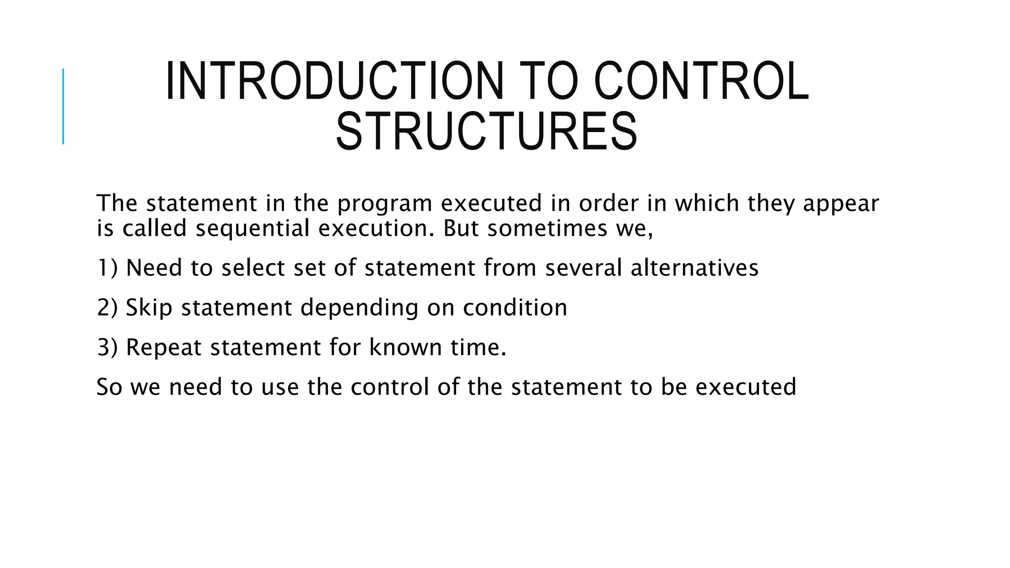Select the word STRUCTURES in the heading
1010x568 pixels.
486,132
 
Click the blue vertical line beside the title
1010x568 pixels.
63,106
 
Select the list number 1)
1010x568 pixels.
107,268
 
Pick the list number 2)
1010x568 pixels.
107,308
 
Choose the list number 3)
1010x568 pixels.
107,347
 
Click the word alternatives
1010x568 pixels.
694,268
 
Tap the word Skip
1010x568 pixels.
149,308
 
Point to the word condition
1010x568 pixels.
515,308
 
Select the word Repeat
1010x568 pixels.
164,347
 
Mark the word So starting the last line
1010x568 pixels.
109,387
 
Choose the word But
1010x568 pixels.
461,228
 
